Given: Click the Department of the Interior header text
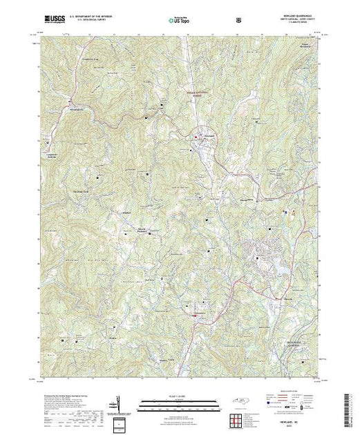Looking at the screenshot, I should (x=84, y=14).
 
